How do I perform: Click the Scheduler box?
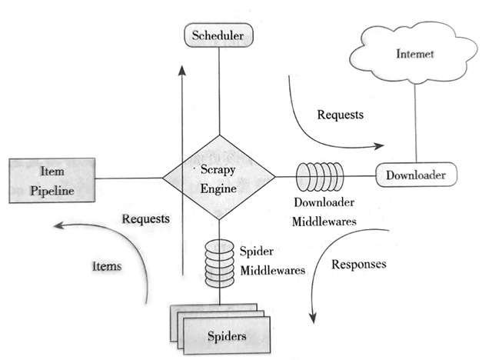(218, 35)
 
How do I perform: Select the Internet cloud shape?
(415, 55)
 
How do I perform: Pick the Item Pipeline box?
(52, 179)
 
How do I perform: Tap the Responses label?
(359, 265)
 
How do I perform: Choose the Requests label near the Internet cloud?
(341, 115)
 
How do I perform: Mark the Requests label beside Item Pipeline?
(145, 218)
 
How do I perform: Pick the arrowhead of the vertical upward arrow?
(181, 69)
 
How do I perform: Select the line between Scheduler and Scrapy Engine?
(219, 92)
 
